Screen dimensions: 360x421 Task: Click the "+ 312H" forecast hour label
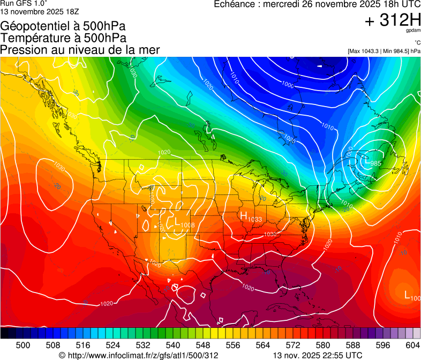point(392,20)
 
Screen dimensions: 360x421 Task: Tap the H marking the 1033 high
point(243,215)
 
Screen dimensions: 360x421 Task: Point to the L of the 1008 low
point(177,220)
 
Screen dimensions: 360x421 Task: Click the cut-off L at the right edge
point(408,294)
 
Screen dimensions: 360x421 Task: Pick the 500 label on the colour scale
point(23,346)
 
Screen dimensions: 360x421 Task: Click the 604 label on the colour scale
point(412,346)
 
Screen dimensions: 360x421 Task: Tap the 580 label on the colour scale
point(323,346)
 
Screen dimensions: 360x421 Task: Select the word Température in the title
point(33,38)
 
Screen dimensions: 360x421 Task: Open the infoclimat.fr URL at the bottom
point(139,355)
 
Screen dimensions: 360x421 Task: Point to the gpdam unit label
point(414,31)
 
